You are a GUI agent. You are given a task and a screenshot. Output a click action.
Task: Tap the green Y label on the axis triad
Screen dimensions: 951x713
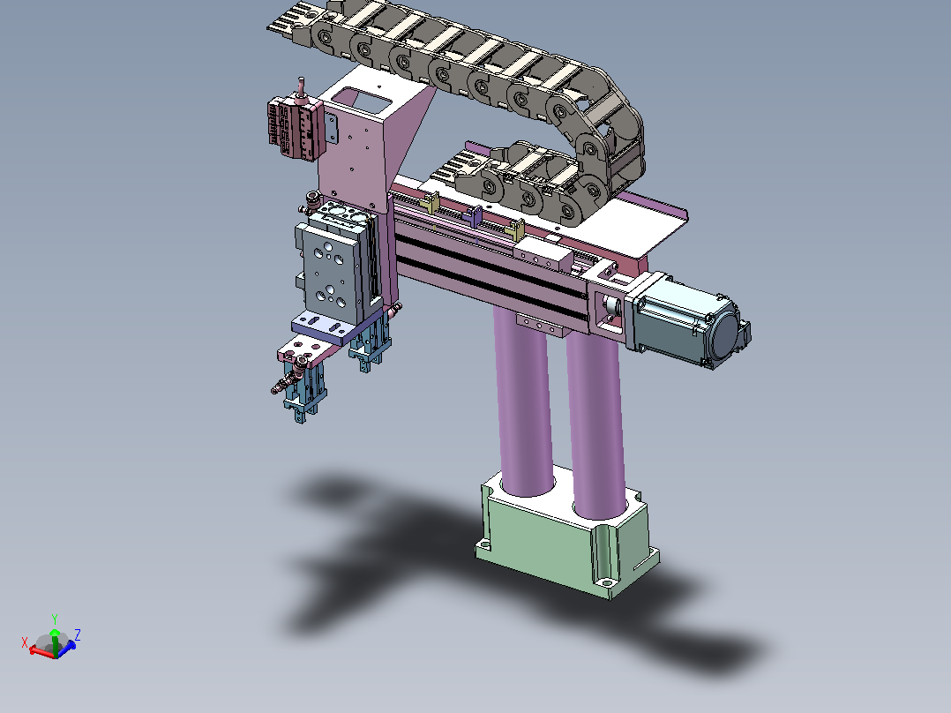(x=55, y=619)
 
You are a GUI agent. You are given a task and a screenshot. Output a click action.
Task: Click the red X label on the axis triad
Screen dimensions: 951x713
(x=25, y=642)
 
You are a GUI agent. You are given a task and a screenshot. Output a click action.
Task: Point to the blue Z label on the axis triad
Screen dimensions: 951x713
(x=78, y=634)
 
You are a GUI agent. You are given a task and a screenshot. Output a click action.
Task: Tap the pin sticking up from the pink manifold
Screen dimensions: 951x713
(x=301, y=88)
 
